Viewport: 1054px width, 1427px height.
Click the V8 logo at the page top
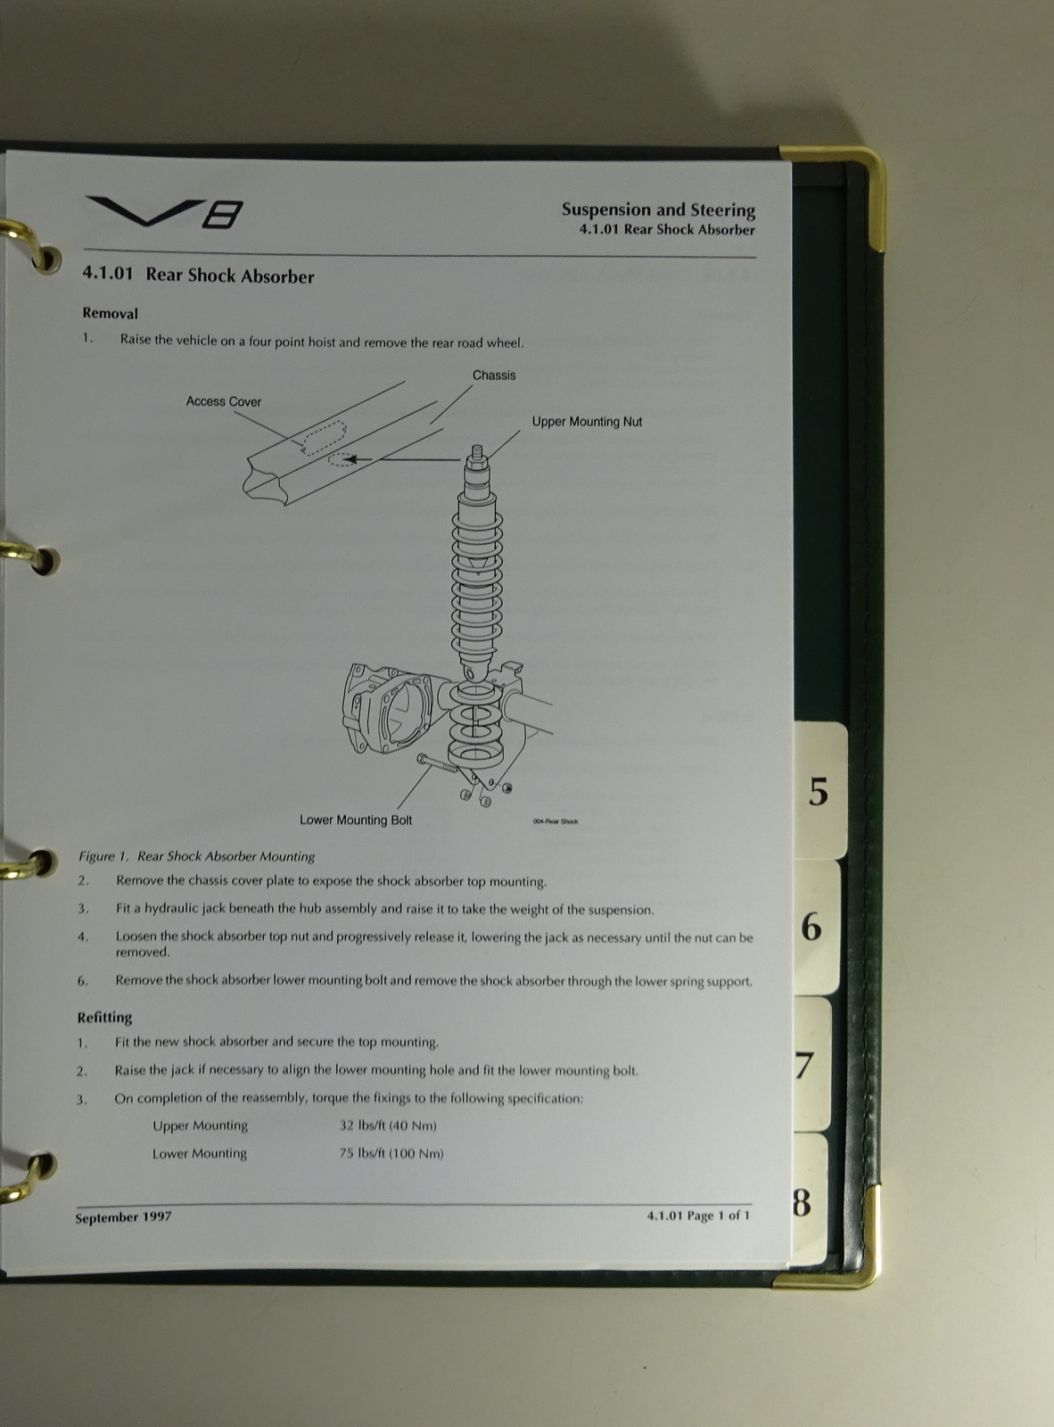pos(165,212)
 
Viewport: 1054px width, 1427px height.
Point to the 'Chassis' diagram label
pos(493,375)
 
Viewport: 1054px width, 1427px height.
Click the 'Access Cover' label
pos(223,401)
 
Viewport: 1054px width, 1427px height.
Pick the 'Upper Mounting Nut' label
pos(587,422)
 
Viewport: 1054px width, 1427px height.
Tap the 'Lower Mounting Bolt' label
pos(356,820)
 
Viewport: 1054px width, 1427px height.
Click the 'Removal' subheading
pos(110,313)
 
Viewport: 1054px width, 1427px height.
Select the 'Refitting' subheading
pos(105,1017)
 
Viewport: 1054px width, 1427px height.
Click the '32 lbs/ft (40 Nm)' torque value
pos(388,1126)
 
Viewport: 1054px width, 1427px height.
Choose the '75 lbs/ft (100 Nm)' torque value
pos(391,1153)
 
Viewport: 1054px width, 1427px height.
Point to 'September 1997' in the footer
pos(124,1217)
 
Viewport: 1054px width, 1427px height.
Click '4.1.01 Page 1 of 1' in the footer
pos(698,1216)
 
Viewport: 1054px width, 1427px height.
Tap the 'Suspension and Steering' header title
pos(658,210)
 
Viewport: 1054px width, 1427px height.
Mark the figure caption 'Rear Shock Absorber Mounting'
pos(226,856)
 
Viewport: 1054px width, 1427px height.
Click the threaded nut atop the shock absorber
pos(477,455)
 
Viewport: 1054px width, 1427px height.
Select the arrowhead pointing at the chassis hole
pos(351,459)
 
